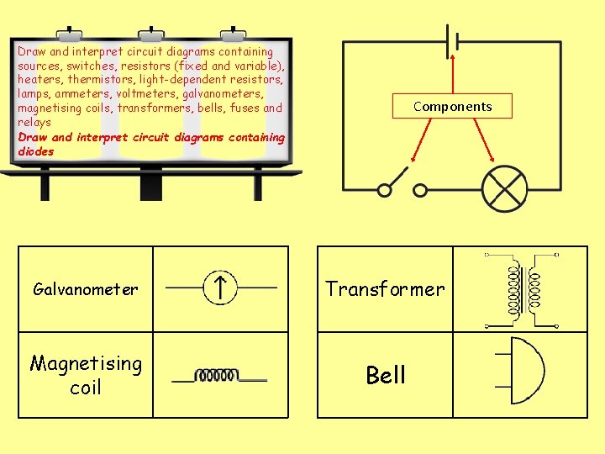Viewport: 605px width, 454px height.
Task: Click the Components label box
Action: (x=452, y=106)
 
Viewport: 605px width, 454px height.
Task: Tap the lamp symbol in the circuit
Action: (x=503, y=189)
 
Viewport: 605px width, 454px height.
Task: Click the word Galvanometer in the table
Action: (x=85, y=289)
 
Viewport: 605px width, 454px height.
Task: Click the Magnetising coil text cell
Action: (x=86, y=375)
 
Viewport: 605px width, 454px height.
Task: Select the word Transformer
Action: (x=385, y=289)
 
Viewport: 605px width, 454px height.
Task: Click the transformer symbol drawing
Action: (x=522, y=289)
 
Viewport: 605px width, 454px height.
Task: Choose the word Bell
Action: (x=386, y=375)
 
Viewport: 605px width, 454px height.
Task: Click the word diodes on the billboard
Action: (x=35, y=152)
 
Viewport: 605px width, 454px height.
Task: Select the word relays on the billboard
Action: (x=34, y=122)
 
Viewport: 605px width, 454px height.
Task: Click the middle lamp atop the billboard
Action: (x=151, y=34)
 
